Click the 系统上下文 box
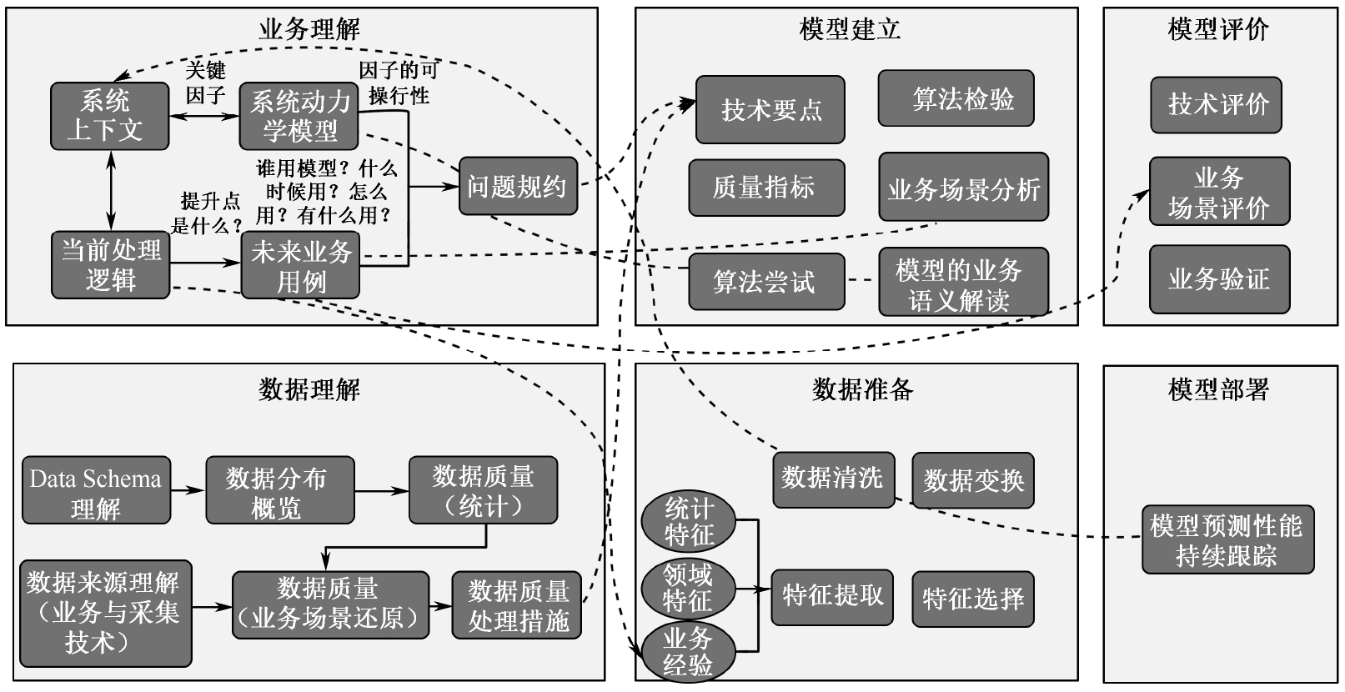(x=109, y=116)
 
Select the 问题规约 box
(x=517, y=186)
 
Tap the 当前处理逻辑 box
(x=110, y=265)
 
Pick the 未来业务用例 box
(x=300, y=265)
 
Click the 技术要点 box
(x=770, y=110)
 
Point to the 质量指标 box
(x=765, y=188)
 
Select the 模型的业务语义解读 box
(x=962, y=283)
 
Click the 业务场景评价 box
(x=1218, y=192)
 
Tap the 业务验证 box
(x=1218, y=279)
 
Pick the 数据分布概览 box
(x=279, y=491)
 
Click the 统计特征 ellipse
(x=689, y=521)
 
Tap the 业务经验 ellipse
(x=688, y=650)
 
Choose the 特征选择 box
(x=972, y=599)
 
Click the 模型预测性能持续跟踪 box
(x=1227, y=539)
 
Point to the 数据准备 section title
(x=861, y=389)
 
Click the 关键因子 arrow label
(x=205, y=83)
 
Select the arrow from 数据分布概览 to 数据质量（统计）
(x=382, y=491)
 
